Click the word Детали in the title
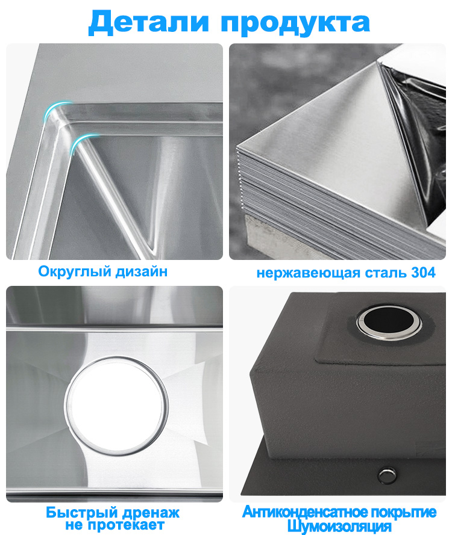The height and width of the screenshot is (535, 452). pos(148,22)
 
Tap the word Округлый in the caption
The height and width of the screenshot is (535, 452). pos(75,271)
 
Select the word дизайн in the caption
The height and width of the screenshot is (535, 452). pos(142,272)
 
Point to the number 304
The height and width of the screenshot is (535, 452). pos(423,272)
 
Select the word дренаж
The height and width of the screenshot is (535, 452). pos(151,513)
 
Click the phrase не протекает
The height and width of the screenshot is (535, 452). pos(115,525)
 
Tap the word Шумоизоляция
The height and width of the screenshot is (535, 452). pos(339,526)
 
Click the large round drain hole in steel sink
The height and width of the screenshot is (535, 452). pos(116,406)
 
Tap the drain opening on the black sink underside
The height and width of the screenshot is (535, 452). pos(389,322)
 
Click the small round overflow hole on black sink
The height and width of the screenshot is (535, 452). pos(387,475)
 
